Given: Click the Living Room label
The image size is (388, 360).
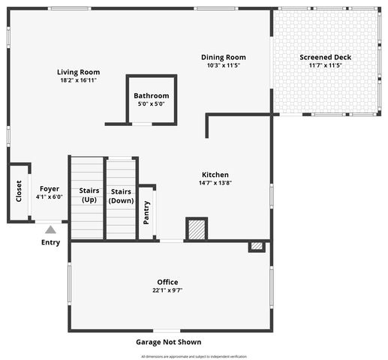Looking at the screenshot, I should coord(78,72).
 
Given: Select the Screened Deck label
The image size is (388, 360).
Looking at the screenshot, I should coord(325,57).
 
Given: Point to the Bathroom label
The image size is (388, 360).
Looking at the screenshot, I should coord(152,96).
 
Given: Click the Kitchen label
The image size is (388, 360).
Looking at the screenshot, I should coord(215,175).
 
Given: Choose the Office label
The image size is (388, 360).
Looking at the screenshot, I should coord(167,282).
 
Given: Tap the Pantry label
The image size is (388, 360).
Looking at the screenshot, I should coord(147,212).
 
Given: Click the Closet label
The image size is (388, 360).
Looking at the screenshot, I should coord(19,191).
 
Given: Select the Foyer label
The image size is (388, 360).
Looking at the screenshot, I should coord(50,189).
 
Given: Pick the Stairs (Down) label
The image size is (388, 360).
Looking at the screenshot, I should coord(121,195).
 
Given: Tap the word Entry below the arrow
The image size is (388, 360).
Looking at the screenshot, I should coord(50,242).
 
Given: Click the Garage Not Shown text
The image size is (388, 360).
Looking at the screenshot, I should coord(168,342).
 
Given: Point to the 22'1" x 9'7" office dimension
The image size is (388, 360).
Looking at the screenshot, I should coord(167,290).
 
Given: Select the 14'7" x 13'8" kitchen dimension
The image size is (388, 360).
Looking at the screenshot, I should coord(215,183).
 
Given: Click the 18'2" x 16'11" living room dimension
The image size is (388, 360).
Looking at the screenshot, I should coord(78,80).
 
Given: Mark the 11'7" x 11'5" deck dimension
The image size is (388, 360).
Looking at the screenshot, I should coord(325,65).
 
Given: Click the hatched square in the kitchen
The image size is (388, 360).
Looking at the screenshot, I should coord(197,229).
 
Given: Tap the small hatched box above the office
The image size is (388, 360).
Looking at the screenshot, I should coord(257,246).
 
